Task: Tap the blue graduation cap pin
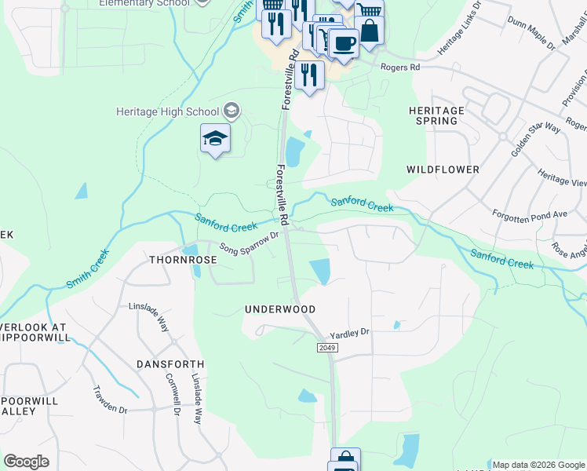point(215,140)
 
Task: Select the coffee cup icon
point(343,43)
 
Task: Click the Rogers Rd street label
point(400,68)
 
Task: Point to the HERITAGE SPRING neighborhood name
point(436,115)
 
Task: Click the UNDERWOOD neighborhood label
point(280,310)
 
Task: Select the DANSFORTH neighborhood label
point(170,364)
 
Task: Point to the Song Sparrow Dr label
point(250,243)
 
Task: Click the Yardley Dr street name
point(349,333)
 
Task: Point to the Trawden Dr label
point(110,400)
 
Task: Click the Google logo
point(26,462)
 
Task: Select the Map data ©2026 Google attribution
point(538,465)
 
